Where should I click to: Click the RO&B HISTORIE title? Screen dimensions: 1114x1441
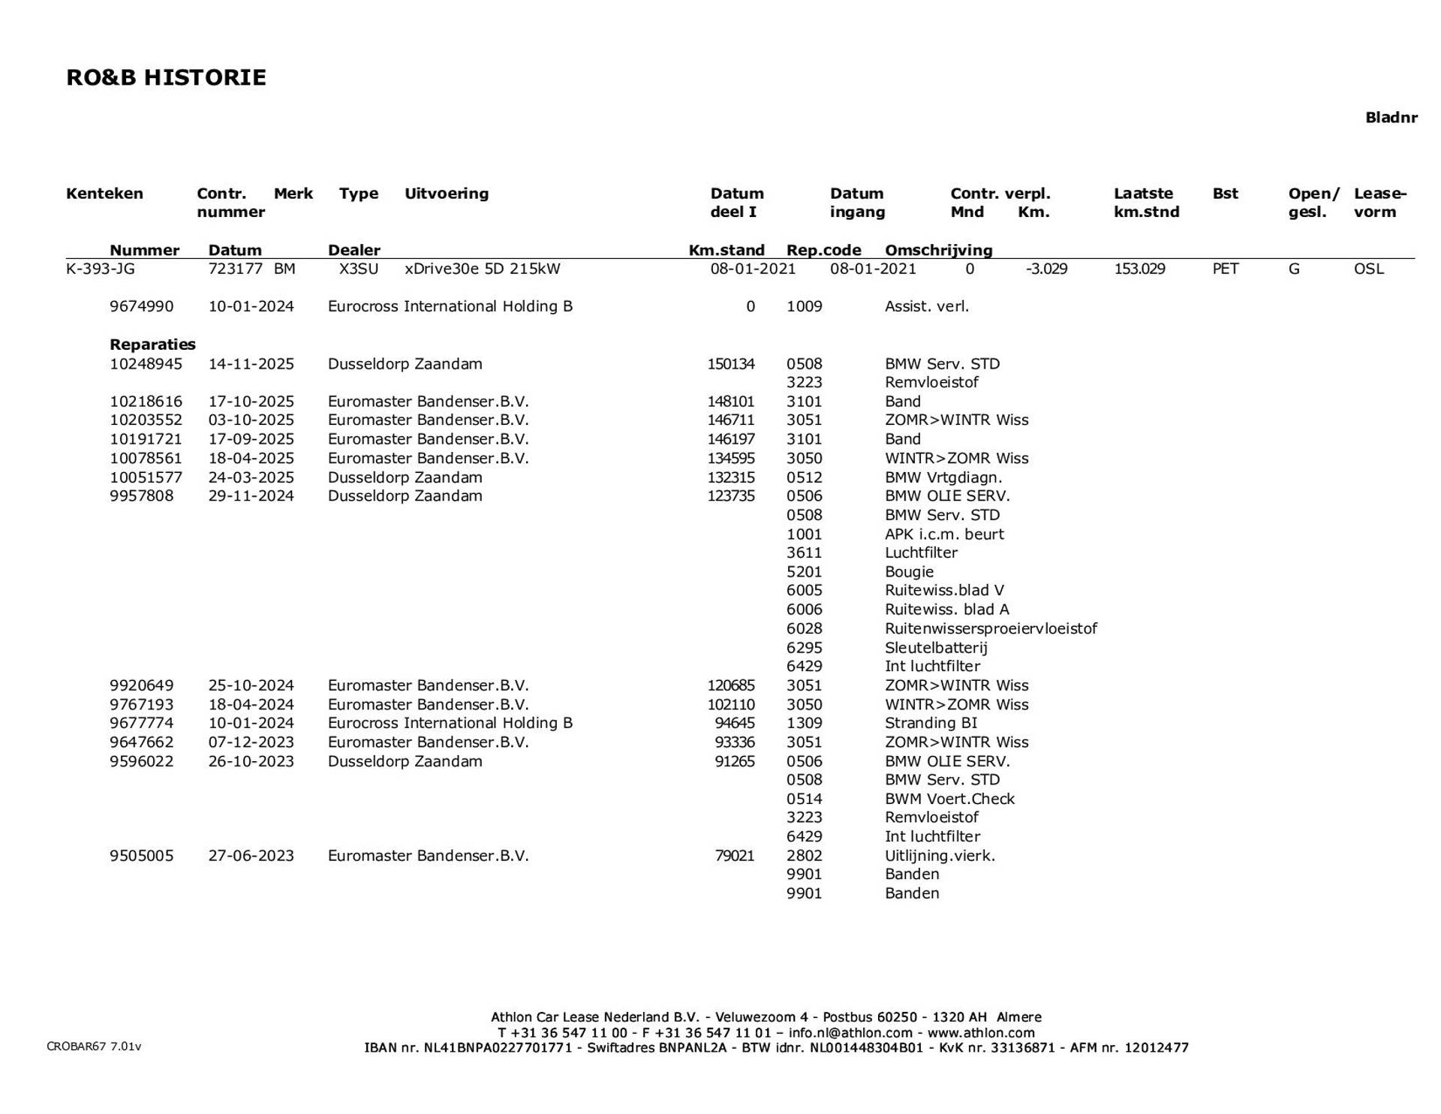pos(166,78)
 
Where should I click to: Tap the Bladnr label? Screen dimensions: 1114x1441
pos(1391,118)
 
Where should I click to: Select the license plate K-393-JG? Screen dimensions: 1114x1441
pos(101,269)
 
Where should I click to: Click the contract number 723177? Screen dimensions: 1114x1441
pos(235,269)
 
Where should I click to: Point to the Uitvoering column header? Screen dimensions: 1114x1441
pos(447,194)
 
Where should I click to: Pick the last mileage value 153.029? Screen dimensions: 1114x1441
pos(1139,269)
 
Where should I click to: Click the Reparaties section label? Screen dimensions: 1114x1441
pos(152,345)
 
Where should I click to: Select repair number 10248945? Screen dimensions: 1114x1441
pos(146,364)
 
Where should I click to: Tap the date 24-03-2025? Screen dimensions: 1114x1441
pos(251,477)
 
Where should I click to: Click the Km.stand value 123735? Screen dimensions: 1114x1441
pos(730,496)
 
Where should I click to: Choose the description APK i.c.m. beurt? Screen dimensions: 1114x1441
pos(943,534)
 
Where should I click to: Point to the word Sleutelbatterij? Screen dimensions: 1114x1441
pos(936,648)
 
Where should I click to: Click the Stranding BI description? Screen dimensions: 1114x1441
pos(931,723)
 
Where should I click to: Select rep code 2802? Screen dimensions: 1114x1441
pos(804,856)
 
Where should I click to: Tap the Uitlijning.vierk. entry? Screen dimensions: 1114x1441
pos(940,856)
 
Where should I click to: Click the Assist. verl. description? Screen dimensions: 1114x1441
pos(927,306)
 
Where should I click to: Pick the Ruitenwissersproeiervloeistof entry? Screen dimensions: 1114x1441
pos(991,628)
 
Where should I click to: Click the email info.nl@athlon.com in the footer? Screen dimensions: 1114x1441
pos(850,1032)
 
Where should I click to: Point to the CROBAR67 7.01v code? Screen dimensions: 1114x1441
pos(94,1046)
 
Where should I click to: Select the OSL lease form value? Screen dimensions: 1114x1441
pos(1368,269)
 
